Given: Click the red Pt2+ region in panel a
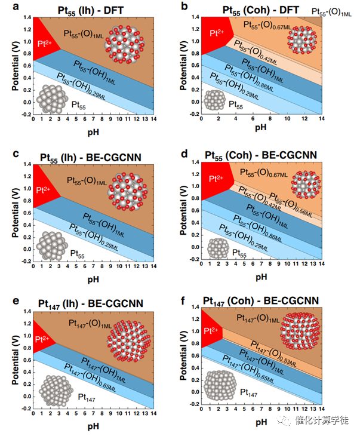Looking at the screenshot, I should [x=44, y=38].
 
